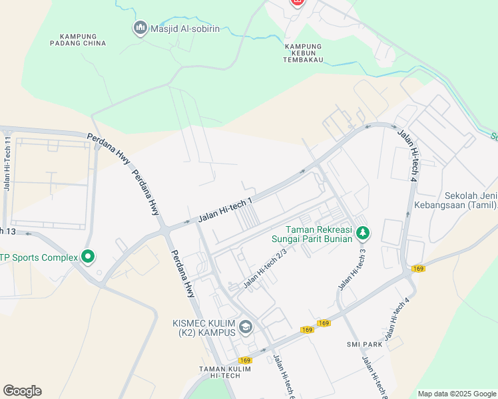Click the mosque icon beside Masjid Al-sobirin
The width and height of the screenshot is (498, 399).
pyautogui.click(x=140, y=28)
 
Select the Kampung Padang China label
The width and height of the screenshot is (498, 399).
pyautogui.click(x=78, y=40)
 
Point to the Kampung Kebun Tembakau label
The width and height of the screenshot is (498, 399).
pyautogui.click(x=304, y=53)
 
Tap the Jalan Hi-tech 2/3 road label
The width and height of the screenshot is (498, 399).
pyautogui.click(x=265, y=268)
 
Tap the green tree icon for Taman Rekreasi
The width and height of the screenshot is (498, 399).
pyautogui.click(x=363, y=233)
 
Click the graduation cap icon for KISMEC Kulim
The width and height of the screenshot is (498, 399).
pyautogui.click(x=246, y=327)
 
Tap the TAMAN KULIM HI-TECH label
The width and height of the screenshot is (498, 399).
pyautogui.click(x=226, y=372)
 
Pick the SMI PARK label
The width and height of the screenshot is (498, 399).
pyautogui.click(x=364, y=344)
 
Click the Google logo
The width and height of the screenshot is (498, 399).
pyautogui.click(x=22, y=391)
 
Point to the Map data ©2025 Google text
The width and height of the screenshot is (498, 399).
pyautogui.click(x=456, y=394)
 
